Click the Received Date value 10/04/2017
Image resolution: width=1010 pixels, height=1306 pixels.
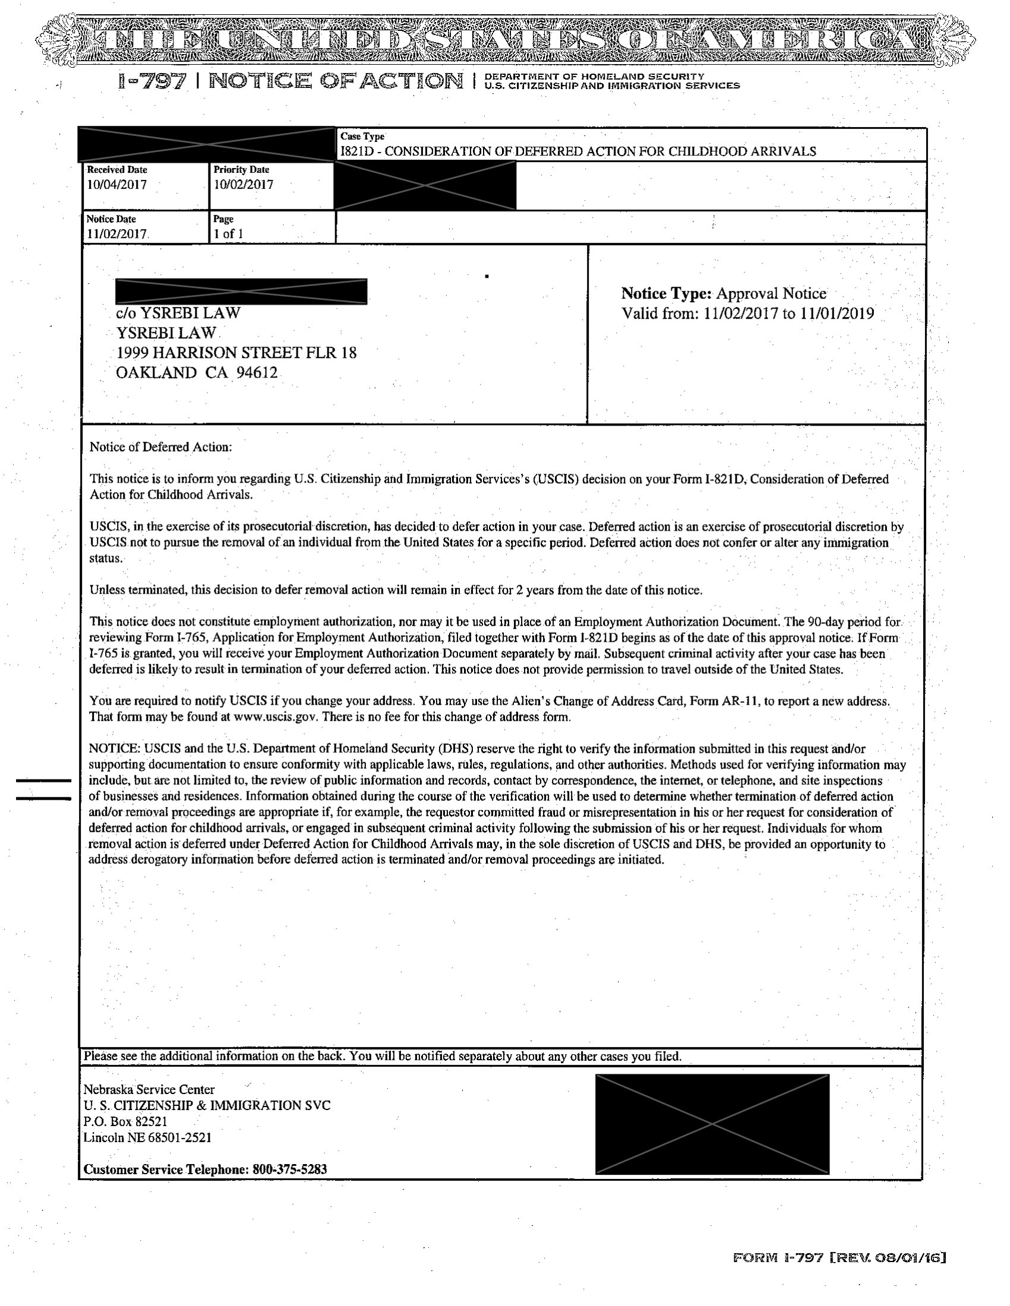(116, 185)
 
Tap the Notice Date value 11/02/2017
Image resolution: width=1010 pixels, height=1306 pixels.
(116, 234)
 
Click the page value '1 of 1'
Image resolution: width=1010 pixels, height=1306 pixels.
(228, 234)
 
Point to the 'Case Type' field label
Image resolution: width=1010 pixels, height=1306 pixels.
(362, 137)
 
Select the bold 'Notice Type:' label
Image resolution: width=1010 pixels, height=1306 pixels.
(666, 294)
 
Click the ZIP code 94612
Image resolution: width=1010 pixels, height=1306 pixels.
(257, 373)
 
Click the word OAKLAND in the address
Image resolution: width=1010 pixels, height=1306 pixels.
(156, 373)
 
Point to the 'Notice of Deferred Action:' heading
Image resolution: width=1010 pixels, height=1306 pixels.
(160, 446)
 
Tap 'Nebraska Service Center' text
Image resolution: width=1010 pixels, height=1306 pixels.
(149, 1089)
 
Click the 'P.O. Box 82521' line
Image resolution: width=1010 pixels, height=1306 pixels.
(125, 1121)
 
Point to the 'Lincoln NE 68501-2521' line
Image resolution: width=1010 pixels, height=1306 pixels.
(147, 1137)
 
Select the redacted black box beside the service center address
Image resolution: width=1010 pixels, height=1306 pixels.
(712, 1124)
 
